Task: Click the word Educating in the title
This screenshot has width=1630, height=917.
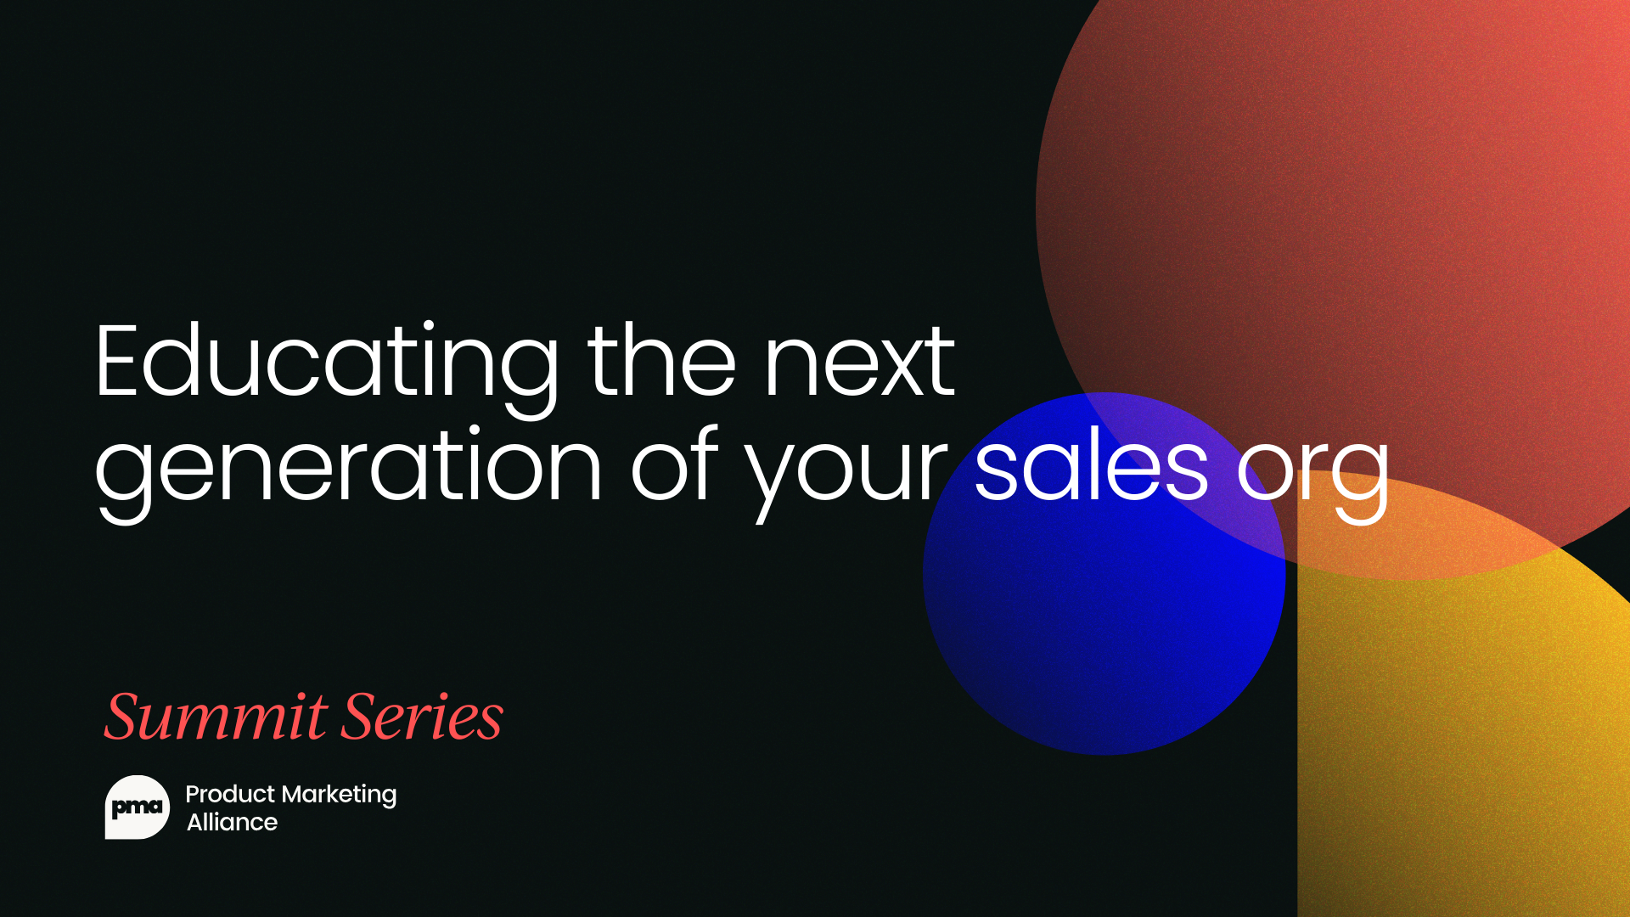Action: coord(325,363)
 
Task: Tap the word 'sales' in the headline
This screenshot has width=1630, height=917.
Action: coord(1091,467)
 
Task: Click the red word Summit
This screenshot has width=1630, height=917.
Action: coord(216,717)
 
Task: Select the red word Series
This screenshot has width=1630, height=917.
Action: coord(423,717)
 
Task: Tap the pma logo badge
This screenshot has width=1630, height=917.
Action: coord(137,807)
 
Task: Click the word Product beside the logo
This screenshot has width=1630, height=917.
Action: coord(230,794)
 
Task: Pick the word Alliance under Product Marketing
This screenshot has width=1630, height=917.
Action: coord(232,822)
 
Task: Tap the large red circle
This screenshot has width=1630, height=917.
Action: coord(1358,212)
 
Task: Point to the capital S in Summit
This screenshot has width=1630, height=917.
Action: coord(130,717)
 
